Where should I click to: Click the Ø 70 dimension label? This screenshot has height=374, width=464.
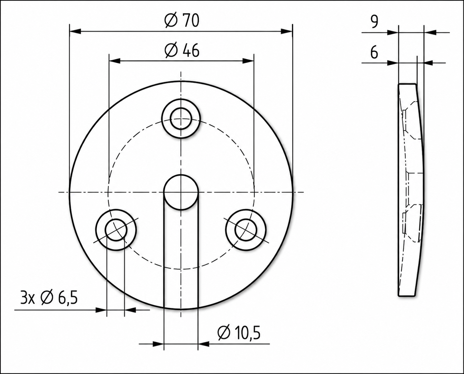[182, 21]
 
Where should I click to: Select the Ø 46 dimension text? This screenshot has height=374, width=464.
[182, 51]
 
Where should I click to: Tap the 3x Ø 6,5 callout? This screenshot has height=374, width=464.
[49, 298]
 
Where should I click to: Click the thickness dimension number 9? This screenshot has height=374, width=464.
[374, 22]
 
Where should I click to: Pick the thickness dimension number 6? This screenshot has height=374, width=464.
[374, 52]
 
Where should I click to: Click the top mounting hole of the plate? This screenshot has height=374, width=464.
[181, 119]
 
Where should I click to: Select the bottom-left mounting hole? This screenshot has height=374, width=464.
[116, 230]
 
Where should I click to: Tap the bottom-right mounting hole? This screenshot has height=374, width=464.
[246, 230]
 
